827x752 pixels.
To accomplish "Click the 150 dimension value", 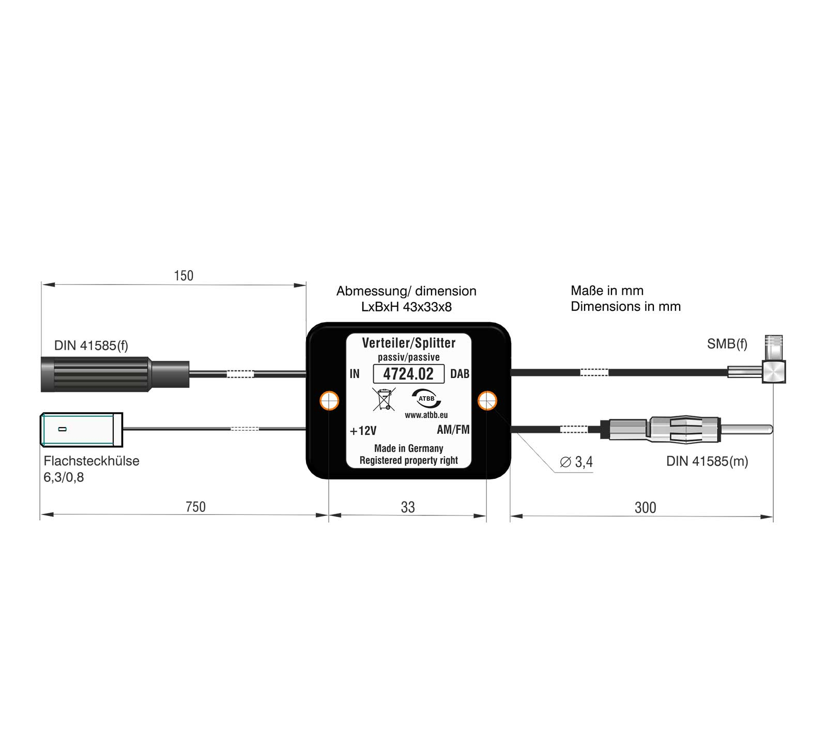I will click(x=183, y=276).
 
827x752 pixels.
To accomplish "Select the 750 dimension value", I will click(x=195, y=507).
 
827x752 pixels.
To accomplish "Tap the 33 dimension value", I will click(x=408, y=507).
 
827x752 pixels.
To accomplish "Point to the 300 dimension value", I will click(x=645, y=508).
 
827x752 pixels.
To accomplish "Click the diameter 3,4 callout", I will click(x=577, y=462).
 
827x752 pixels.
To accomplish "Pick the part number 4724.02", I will click(x=408, y=374).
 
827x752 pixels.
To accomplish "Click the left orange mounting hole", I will click(x=329, y=400).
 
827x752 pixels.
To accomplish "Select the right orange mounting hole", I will click(x=487, y=400).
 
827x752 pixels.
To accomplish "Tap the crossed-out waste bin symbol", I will click(x=384, y=399).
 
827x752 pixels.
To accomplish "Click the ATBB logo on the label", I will click(x=426, y=399).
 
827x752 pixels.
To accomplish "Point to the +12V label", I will click(x=363, y=431).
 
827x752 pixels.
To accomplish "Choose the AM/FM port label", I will click(x=453, y=430).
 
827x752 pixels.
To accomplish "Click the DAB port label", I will click(x=460, y=374).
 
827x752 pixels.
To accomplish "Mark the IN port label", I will click(x=355, y=374).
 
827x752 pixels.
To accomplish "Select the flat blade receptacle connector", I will click(x=81, y=429).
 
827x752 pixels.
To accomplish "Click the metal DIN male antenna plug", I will click(x=687, y=430).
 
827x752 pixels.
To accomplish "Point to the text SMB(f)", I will click(x=727, y=344).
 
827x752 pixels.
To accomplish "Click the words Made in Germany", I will click(x=408, y=448).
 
